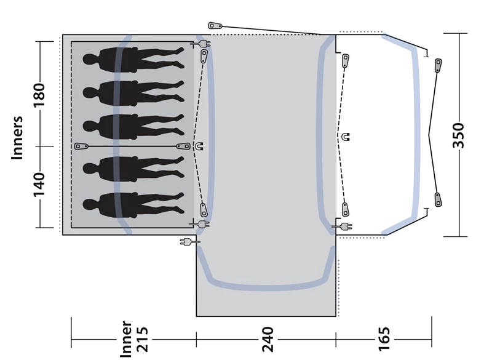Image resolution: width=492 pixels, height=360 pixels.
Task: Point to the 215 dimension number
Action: pos(142,339)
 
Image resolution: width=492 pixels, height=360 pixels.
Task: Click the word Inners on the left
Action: pos(17,138)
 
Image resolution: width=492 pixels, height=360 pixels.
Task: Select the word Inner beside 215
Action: pos(127,339)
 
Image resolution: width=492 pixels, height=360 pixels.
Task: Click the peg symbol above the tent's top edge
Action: pos(215,26)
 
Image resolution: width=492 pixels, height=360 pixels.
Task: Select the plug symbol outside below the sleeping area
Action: pos(186,241)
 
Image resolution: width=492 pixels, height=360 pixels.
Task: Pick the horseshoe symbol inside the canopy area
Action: pos(346,137)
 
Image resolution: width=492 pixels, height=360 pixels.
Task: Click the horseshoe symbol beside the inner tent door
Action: pos(199,146)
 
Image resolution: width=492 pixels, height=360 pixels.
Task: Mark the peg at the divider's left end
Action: pos(81,146)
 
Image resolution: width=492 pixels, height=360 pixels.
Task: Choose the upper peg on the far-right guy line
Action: pos(438,66)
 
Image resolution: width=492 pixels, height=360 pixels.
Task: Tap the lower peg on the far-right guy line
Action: pos(438,199)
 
